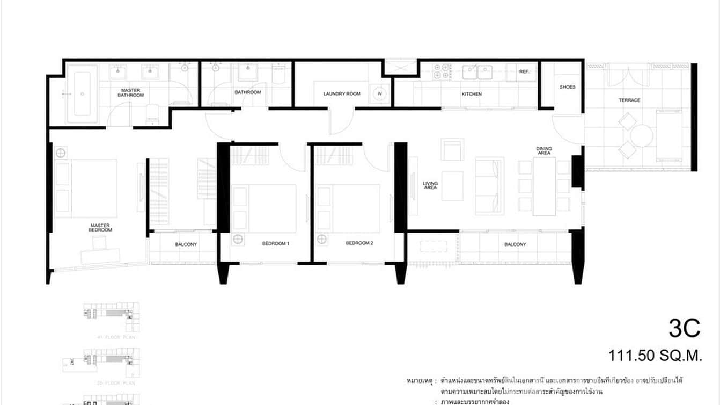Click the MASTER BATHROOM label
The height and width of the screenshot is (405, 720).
131,93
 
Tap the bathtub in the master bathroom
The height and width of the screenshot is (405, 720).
82,93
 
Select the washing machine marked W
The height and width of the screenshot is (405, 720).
380,93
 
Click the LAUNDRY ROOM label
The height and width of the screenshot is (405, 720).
342,94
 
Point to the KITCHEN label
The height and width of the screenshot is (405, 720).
472,94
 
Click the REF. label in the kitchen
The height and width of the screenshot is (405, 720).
524,71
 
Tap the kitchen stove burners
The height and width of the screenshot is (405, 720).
443,72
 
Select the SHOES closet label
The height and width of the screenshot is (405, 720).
567,87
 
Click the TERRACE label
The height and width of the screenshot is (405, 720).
629,100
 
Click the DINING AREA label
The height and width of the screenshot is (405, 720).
543,151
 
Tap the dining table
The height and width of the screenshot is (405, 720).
544,186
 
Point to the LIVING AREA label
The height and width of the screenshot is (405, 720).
430,185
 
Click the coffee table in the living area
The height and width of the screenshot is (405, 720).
452,186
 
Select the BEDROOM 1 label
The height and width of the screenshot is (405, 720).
276,243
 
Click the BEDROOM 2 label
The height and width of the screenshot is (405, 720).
359,243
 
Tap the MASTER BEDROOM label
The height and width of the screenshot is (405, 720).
101,228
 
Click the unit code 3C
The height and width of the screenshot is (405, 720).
684,328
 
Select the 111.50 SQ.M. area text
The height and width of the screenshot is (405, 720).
655,356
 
